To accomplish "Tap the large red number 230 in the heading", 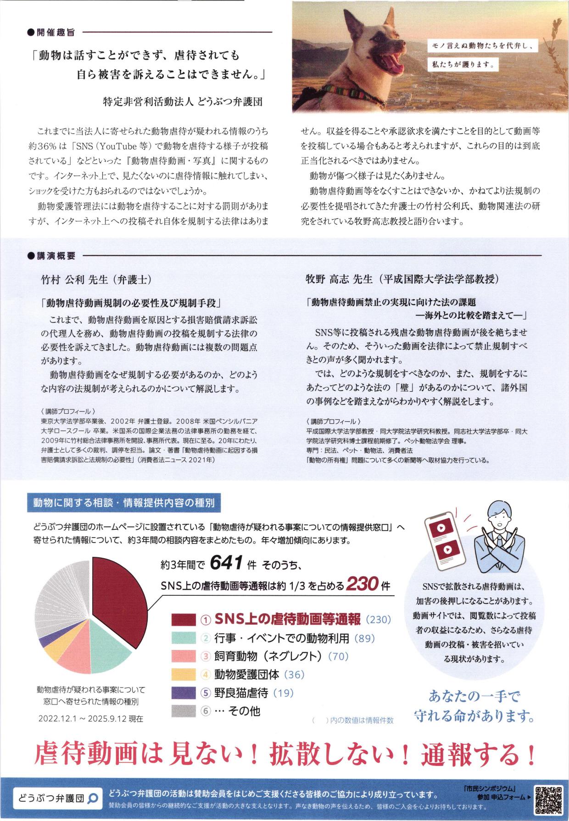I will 362,584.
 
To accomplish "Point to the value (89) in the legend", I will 365,638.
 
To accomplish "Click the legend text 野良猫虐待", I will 241,692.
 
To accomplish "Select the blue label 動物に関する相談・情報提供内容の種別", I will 124,502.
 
